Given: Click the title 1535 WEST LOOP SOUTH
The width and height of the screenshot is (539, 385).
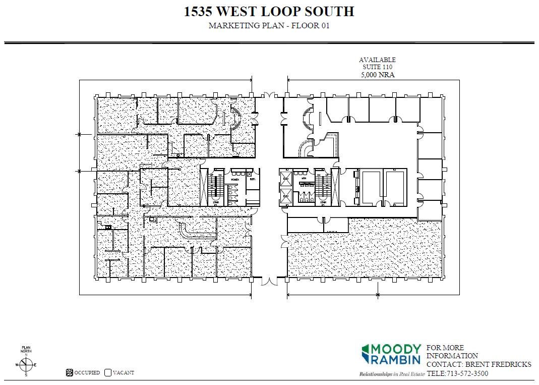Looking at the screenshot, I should click(x=269, y=12).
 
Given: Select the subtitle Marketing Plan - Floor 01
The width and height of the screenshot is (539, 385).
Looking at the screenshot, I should click(x=269, y=26).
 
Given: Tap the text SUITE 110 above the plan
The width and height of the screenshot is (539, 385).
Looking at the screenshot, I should click(x=377, y=67).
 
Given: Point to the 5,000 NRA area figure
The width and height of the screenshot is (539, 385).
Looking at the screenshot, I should click(x=377, y=75).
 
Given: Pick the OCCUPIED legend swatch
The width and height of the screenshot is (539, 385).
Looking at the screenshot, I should click(x=70, y=373).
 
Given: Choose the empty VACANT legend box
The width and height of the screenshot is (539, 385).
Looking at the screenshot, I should click(x=107, y=373).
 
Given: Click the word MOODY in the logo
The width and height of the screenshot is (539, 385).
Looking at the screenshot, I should click(x=397, y=349).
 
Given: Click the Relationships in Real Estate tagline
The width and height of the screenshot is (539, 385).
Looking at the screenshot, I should click(x=389, y=374).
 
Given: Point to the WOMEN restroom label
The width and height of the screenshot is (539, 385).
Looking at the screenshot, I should click(x=235, y=179).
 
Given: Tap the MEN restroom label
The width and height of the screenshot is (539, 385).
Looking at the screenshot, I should click(x=304, y=179).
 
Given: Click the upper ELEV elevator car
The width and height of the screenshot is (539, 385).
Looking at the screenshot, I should click(x=285, y=178).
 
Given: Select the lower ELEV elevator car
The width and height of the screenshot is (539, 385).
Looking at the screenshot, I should click(x=285, y=197).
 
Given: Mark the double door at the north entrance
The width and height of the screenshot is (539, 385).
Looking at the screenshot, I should click(x=269, y=95).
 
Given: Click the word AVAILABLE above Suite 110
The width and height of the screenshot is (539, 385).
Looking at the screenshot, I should click(x=377, y=60).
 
